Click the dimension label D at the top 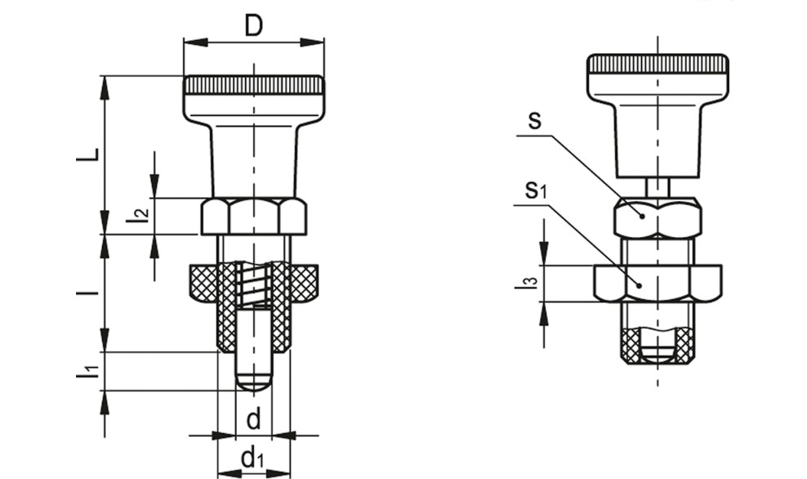point(253,25)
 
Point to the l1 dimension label point(87,372)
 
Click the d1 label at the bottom point(252,457)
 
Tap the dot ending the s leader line point(642,217)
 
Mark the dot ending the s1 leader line point(639,284)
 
